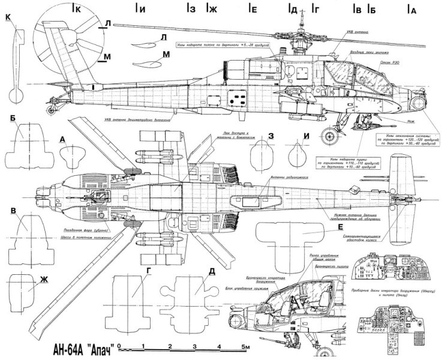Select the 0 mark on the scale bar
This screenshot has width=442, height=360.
point(120,347)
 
